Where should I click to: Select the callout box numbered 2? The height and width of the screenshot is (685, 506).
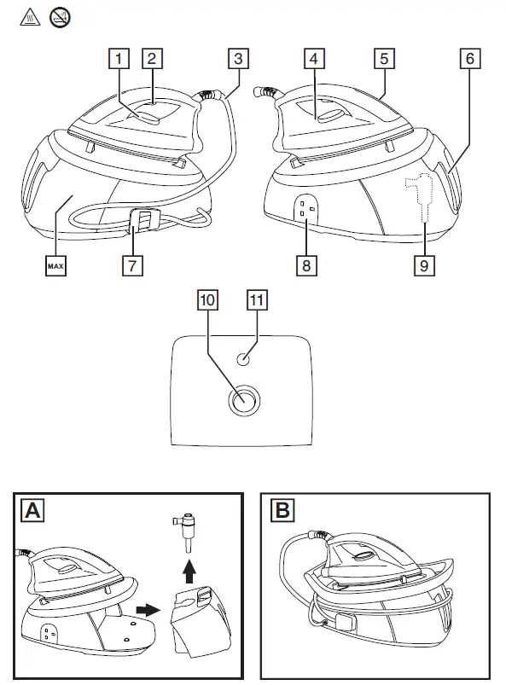pos(152,60)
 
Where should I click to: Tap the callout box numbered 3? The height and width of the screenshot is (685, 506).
pos(238,60)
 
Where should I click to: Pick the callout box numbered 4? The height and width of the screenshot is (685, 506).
pos(314,60)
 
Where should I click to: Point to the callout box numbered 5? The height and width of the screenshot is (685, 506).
pos(384,60)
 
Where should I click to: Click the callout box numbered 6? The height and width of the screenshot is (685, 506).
pos(468,60)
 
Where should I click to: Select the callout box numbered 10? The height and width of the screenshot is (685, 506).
pos(206,300)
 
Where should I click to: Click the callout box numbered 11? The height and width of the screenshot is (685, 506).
pos(256,300)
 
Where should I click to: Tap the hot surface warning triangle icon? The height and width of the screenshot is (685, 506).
pos(28,15)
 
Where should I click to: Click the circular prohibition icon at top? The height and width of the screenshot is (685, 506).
pos(59,15)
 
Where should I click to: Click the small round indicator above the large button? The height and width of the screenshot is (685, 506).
pos(245,360)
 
